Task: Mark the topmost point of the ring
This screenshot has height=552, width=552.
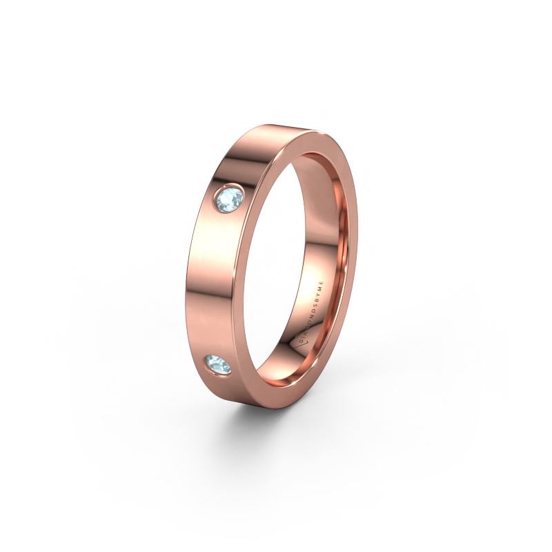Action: [276, 125]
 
